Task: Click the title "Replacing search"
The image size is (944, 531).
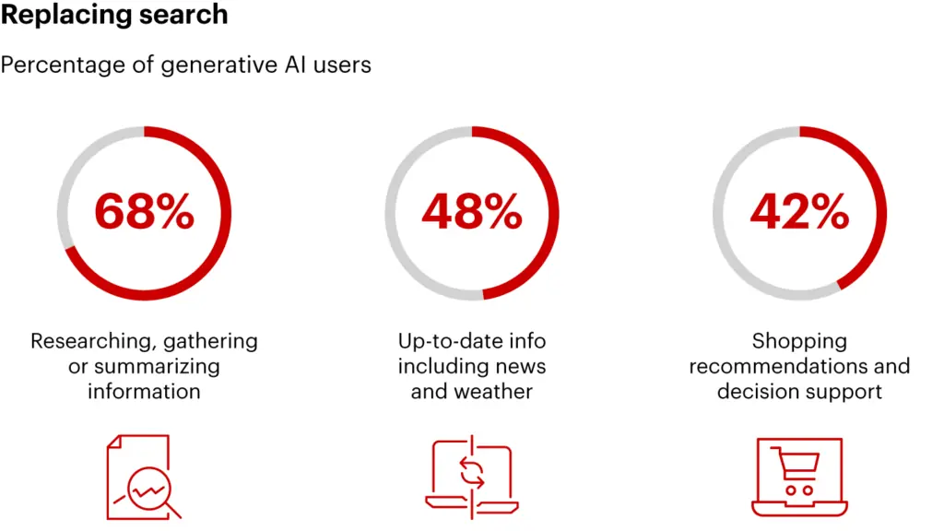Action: point(114,16)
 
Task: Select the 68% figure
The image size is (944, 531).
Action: point(144,213)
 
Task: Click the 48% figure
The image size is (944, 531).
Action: point(472,213)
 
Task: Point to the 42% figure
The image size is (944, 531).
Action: point(799,213)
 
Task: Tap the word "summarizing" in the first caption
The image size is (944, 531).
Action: point(161,366)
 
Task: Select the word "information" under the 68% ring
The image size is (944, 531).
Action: point(144,391)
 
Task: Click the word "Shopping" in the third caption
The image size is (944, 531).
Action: point(799,341)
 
